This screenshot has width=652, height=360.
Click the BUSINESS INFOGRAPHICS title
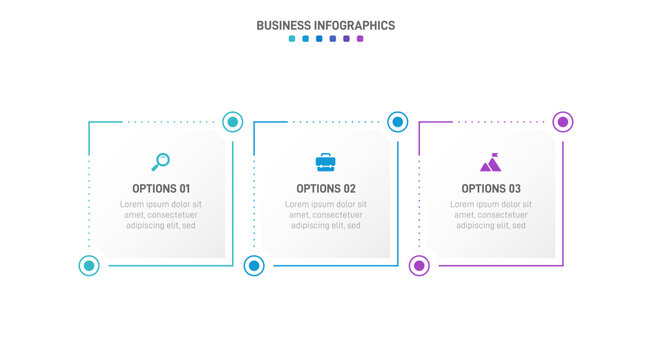pyautogui.click(x=326, y=26)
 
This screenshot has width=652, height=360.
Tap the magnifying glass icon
pyautogui.click(x=161, y=161)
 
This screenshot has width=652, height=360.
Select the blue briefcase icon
pyautogui.click(x=326, y=161)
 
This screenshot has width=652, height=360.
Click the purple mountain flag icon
pyautogui.click(x=490, y=162)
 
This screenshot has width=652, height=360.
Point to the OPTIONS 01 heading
pyautogui.click(x=161, y=188)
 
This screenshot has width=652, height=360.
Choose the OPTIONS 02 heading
pyautogui.click(x=326, y=188)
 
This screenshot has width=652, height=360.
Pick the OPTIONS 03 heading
pyautogui.click(x=491, y=188)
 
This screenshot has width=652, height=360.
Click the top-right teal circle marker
pyautogui.click(x=233, y=122)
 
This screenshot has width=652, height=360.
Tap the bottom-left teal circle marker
pyautogui.click(x=89, y=266)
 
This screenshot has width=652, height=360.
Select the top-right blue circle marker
pyautogui.click(x=397, y=122)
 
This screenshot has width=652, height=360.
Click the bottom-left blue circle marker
pyautogui.click(x=254, y=266)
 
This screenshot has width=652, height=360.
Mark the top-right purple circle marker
pyautogui.click(x=563, y=122)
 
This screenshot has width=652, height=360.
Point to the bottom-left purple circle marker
pyautogui.click(x=420, y=266)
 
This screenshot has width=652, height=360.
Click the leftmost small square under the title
pyautogui.click(x=292, y=39)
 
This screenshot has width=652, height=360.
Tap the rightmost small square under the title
pyautogui.click(x=360, y=39)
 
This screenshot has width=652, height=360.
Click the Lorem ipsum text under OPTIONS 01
pyautogui.click(x=161, y=215)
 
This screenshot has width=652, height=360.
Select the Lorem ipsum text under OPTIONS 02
pyautogui.click(x=326, y=215)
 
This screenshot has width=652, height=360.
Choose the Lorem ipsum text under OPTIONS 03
pyautogui.click(x=491, y=215)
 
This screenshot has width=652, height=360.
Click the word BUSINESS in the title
pyautogui.click(x=288, y=26)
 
